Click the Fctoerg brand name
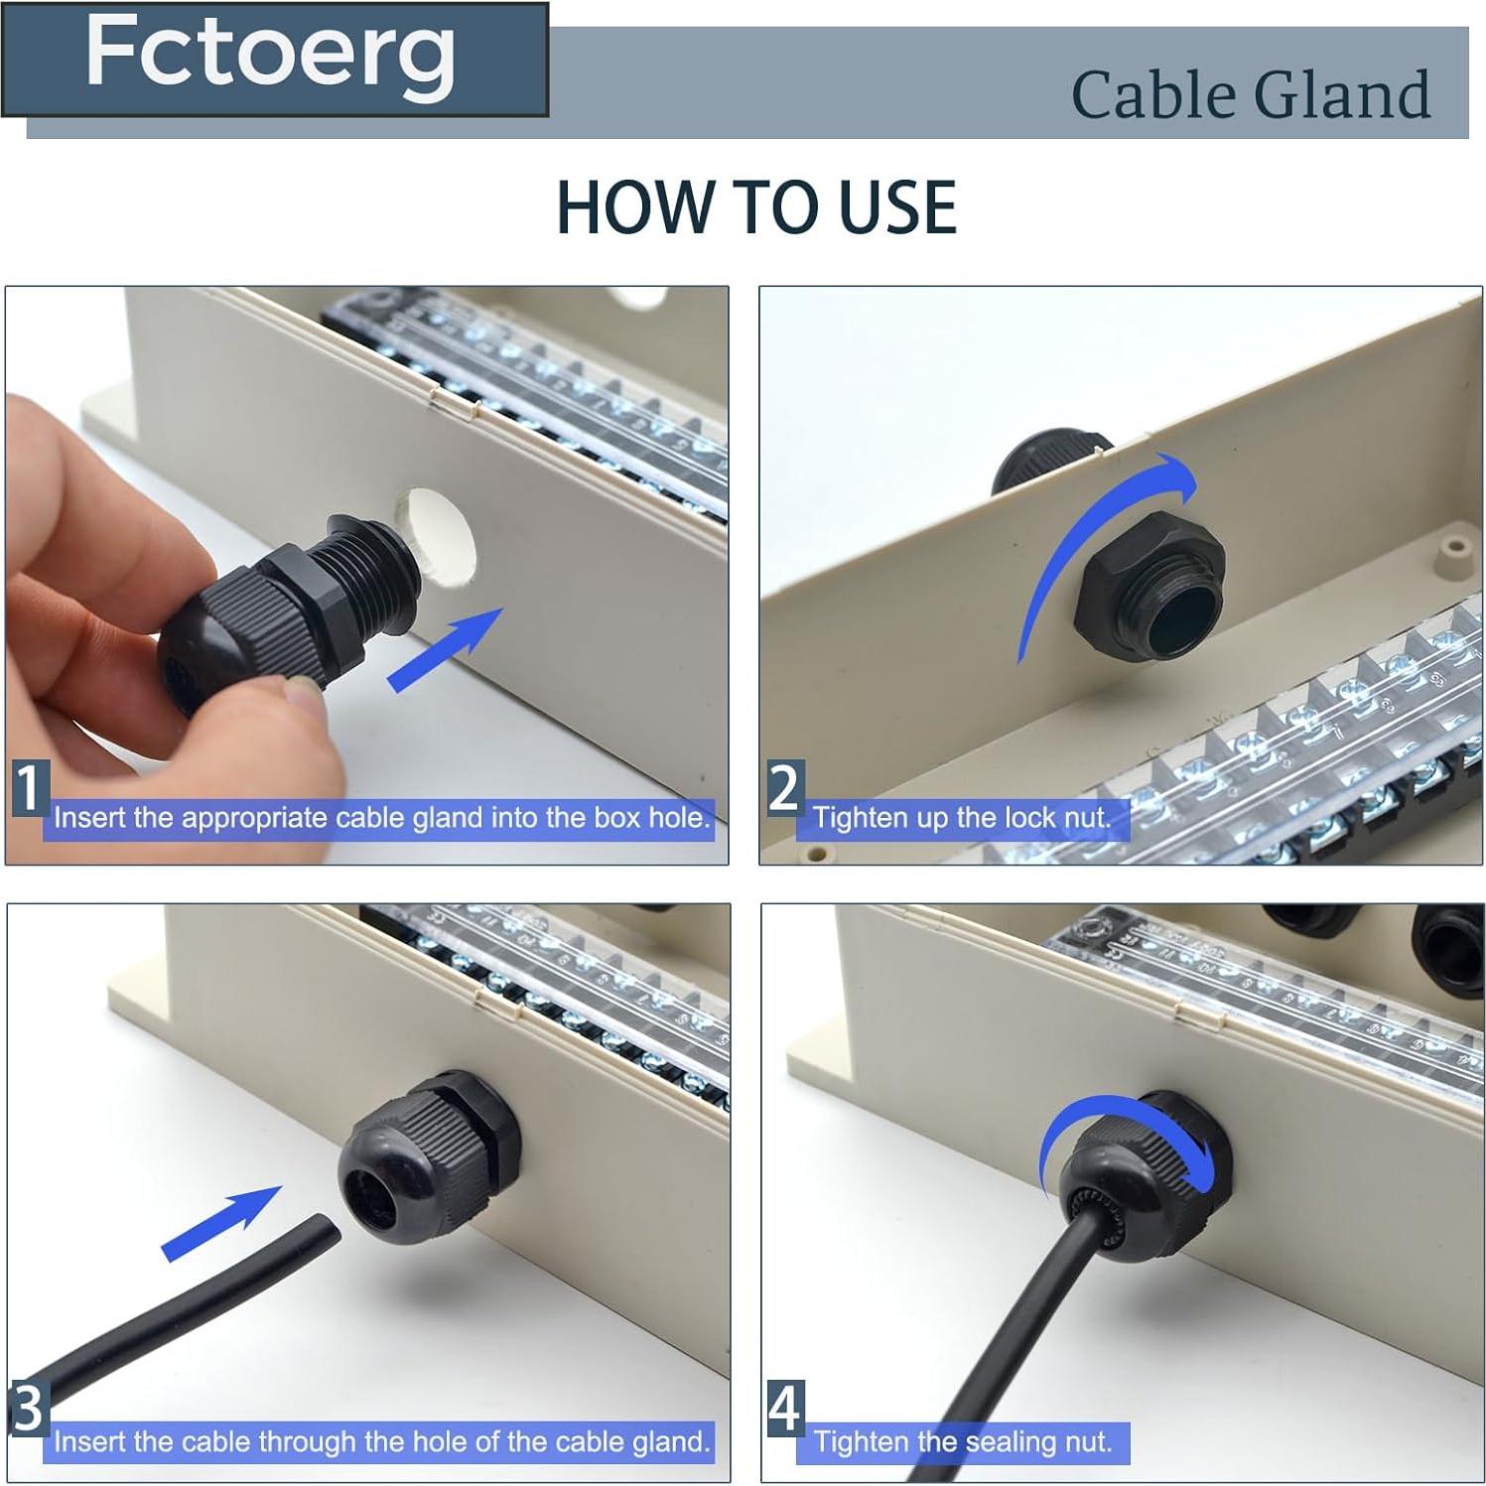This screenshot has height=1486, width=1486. tap(270, 55)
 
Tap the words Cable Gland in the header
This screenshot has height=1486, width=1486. tap(1250, 95)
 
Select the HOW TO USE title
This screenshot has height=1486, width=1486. tap(755, 207)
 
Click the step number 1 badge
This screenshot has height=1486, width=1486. tap(29, 788)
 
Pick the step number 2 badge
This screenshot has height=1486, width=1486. tap(784, 788)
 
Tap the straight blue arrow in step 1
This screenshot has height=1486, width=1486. tap(445, 649)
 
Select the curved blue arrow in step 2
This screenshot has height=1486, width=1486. tap(1092, 536)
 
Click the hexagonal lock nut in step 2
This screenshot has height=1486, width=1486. tap(1149, 606)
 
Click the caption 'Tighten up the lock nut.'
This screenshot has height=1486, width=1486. tap(961, 818)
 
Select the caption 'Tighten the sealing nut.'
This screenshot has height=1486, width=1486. tap(961, 1441)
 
